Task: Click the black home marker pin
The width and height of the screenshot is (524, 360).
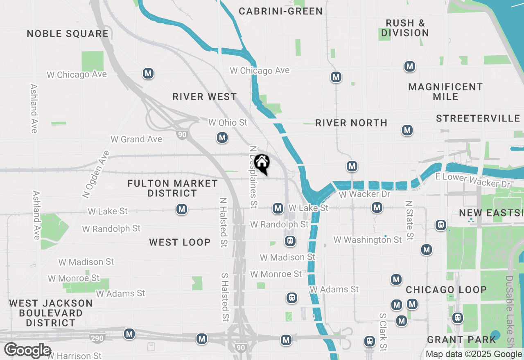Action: [262, 164]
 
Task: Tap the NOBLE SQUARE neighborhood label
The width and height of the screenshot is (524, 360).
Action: [68, 34]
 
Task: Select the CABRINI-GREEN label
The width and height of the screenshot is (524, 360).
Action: [281, 11]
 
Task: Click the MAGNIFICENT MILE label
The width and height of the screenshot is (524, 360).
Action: [445, 92]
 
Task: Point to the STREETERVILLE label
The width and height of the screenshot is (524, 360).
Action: [478, 119]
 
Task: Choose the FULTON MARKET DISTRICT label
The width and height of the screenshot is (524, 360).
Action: [172, 188]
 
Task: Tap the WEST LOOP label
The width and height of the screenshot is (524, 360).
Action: [180, 242]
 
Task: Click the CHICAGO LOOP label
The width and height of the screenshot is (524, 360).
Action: [446, 290]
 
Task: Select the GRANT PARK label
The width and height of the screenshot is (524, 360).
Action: [461, 340]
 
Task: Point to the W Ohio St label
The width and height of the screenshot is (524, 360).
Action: [228, 122]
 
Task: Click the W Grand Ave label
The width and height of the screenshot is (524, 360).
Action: [136, 139]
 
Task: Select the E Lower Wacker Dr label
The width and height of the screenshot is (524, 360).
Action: [473, 180]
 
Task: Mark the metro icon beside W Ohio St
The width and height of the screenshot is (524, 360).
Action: [222, 137]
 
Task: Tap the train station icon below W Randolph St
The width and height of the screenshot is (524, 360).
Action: [290, 241]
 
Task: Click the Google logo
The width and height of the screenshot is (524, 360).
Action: [28, 350]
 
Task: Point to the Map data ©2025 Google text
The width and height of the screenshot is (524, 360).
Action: [473, 354]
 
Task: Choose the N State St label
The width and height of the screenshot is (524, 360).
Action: [409, 220]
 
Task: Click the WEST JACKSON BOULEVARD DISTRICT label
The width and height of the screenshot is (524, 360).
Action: [51, 313]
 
